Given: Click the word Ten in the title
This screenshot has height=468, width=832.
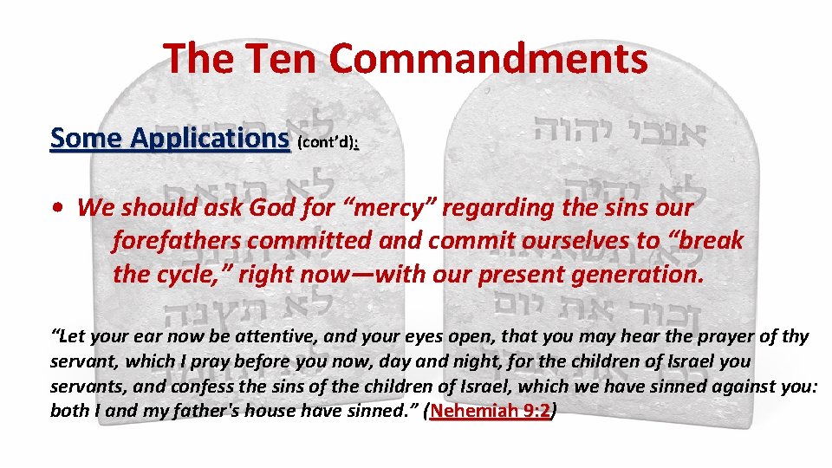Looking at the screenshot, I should (x=280, y=59).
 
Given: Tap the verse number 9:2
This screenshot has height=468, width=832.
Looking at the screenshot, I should (x=537, y=411).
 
